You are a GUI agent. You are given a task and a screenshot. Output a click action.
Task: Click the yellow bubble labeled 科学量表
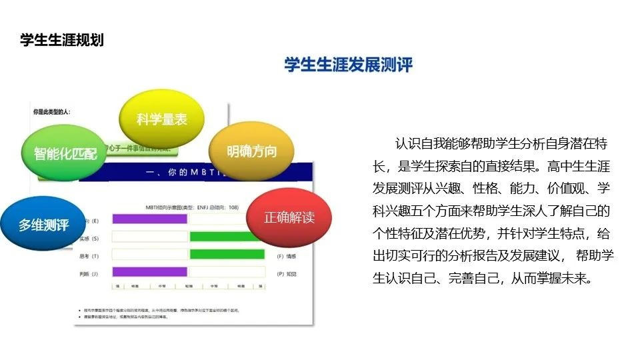pyautogui.click(x=161, y=119)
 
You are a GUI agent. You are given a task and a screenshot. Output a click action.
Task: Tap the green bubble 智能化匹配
pyautogui.click(x=65, y=153)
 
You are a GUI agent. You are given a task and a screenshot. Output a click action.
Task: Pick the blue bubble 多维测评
pyautogui.click(x=43, y=225)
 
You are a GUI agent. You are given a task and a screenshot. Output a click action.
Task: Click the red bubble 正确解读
pyautogui.click(x=289, y=217)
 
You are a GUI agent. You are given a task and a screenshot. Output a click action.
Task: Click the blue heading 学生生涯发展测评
pyautogui.click(x=348, y=65)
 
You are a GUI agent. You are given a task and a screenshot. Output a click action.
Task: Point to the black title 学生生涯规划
pyautogui.click(x=62, y=40)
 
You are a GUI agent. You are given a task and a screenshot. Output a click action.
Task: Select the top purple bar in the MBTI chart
pyautogui.click(x=150, y=219)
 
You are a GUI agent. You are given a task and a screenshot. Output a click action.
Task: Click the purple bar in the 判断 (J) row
pyautogui.click(x=150, y=271)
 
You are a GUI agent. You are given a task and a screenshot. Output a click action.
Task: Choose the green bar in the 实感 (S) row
pyautogui.click(x=223, y=237)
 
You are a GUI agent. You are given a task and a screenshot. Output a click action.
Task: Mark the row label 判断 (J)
pyautogui.click(x=89, y=272)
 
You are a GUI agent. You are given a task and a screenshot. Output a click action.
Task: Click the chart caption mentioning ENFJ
pyautogui.click(x=192, y=207)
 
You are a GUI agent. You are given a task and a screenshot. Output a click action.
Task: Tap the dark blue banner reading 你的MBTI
pyautogui.click(x=193, y=172)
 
